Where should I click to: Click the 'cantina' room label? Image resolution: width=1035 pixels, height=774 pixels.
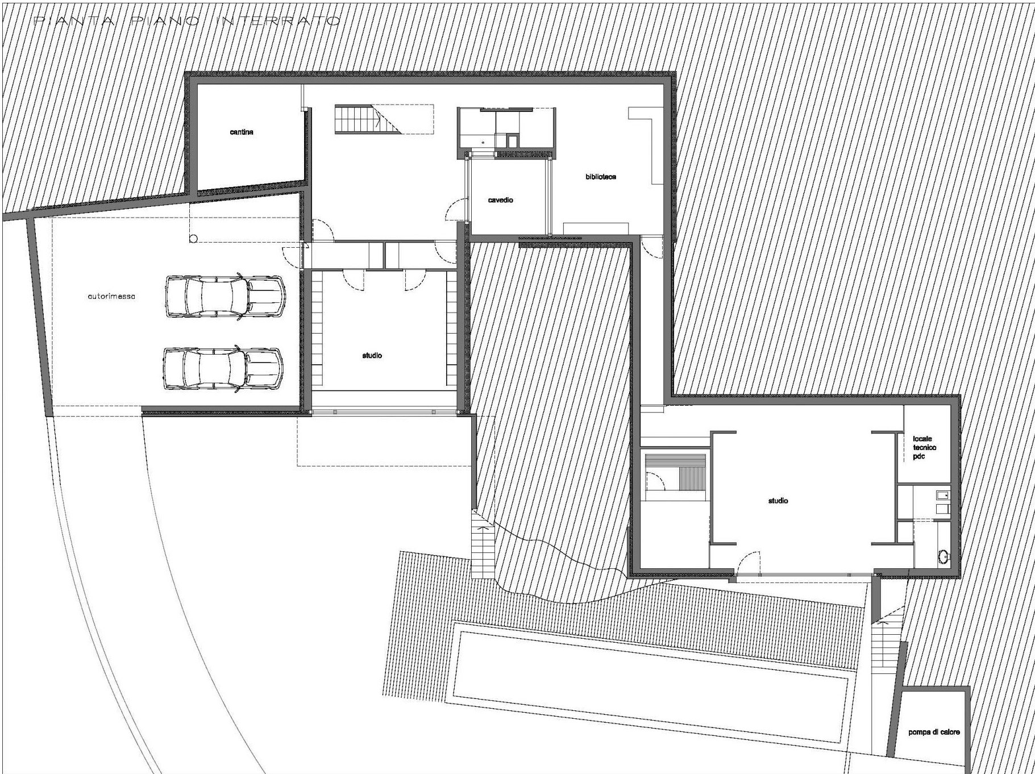coord(242,132)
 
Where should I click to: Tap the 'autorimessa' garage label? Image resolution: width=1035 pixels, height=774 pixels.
coord(112,297)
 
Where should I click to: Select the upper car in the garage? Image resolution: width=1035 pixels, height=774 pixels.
coord(225,296)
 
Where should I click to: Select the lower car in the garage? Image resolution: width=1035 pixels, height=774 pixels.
coord(223,369)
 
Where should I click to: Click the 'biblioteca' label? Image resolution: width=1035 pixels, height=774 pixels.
coord(601,177)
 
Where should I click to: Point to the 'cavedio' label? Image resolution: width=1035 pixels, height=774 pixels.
coord(501,200)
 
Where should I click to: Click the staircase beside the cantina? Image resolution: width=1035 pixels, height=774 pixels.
coord(358,119)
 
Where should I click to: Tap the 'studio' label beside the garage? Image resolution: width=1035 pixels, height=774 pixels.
coord(372,356)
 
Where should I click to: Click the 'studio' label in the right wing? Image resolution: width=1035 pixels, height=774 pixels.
coord(778,501)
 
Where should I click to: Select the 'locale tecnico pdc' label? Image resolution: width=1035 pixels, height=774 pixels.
coord(924,447)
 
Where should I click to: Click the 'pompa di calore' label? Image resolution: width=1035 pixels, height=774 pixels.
coord(934,733)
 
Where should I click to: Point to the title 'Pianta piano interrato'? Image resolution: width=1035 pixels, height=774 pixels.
coord(188,22)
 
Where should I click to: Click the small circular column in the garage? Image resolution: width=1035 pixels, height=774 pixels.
coord(193,239)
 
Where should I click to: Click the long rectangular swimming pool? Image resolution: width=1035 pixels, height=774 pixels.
coord(654,665)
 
